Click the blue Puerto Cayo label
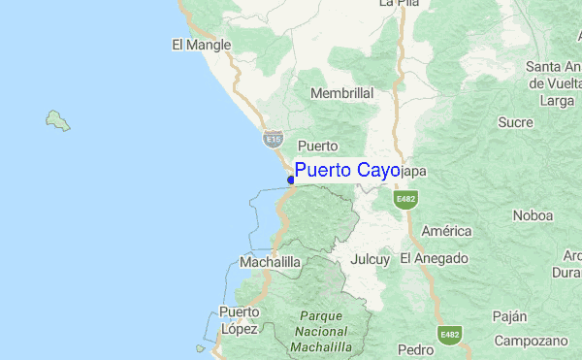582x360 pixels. coord(346,172)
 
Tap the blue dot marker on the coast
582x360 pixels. coord(291,180)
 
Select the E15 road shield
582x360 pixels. coord(273,140)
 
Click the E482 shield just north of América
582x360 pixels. coord(404,199)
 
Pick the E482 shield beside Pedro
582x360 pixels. coord(449,335)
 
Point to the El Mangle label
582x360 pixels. coord(201,45)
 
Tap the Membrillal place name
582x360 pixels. coord(341,93)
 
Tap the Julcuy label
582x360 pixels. coord(370,260)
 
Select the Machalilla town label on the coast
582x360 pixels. coord(269,263)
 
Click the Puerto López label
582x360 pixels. coord(239,320)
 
